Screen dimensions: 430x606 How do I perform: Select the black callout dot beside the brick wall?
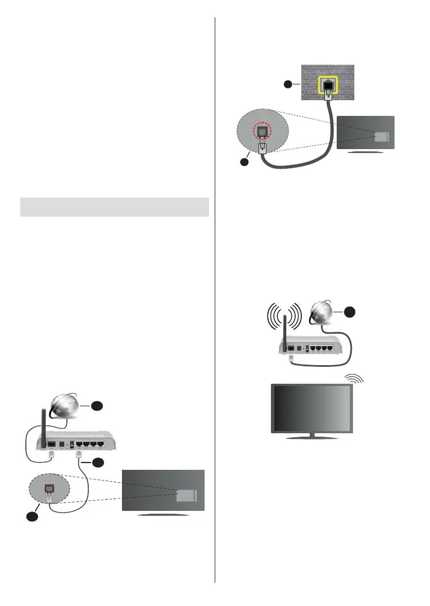[288, 84]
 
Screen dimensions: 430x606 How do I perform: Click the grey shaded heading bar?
[114, 207]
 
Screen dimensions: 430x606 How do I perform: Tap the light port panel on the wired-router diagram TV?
[186, 495]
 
